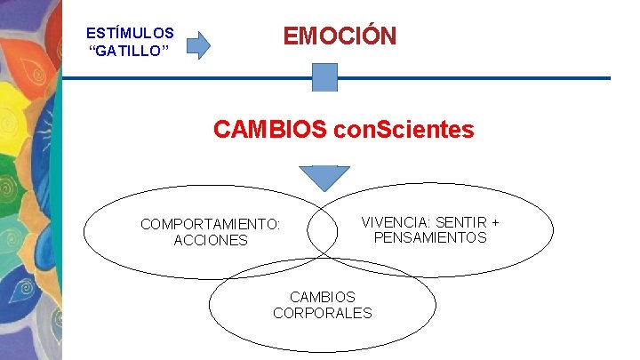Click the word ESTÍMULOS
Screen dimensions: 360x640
coord(130,34)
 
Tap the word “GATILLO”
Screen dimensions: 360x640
coord(130,51)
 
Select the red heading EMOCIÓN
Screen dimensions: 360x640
coord(340,36)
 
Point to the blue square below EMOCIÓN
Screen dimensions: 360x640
coord(325,77)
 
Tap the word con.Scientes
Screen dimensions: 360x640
coord(404,130)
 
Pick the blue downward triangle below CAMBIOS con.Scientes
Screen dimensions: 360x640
coord(324,177)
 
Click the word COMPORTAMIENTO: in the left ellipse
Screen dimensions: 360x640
coord(211,224)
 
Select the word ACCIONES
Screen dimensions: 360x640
coord(211,241)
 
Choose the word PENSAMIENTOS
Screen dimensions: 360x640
coord(430,237)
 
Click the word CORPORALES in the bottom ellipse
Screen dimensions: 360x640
coord(323,313)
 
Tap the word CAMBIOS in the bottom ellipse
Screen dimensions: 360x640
coord(323,297)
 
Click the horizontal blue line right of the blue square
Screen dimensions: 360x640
coord(471,78)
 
